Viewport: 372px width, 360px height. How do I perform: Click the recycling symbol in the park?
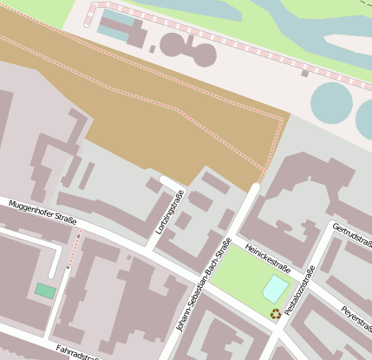pyautogui.click(x=276, y=314)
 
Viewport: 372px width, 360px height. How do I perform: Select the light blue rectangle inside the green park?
pyautogui.click(x=275, y=288)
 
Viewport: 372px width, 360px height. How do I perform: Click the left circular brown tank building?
pyautogui.click(x=173, y=44)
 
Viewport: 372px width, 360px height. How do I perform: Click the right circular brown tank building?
pyautogui.click(x=203, y=54)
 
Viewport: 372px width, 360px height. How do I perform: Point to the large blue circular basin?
pyautogui.click(x=332, y=102)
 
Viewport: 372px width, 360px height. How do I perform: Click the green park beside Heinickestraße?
pyautogui.click(x=238, y=278)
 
